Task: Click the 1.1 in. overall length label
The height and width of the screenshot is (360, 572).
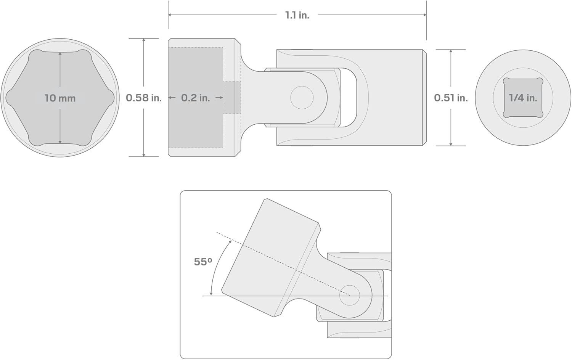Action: [297, 15]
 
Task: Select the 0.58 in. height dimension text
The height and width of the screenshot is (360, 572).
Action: [144, 98]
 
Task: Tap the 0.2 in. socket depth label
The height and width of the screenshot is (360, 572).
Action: [195, 98]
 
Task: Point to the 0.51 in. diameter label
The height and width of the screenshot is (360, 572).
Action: [451, 98]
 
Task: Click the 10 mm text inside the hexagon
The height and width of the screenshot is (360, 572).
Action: [60, 98]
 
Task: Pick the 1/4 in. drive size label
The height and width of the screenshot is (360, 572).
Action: [523, 98]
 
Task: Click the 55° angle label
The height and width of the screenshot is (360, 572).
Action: [203, 262]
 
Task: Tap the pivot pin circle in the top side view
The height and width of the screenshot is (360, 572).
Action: [302, 98]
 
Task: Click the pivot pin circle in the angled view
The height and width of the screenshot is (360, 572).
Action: [349, 295]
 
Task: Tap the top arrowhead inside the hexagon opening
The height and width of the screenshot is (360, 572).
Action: [60, 54]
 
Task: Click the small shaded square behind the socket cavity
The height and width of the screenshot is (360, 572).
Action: [232, 98]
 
